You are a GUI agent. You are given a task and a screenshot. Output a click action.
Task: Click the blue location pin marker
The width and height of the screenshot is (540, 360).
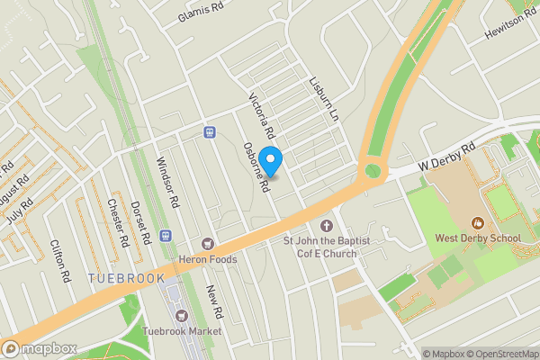(x=270, y=159)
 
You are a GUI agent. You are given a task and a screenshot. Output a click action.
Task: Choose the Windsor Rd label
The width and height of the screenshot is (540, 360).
(x=168, y=183)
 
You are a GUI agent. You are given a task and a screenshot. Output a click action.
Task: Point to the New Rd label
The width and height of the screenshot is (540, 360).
(x=213, y=303)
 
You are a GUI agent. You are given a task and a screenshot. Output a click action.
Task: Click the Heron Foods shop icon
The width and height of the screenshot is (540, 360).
(x=209, y=244)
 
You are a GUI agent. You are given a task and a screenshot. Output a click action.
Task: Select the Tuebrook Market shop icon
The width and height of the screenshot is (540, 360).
(x=181, y=316)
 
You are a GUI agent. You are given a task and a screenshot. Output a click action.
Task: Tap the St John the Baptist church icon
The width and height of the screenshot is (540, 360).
(x=326, y=225)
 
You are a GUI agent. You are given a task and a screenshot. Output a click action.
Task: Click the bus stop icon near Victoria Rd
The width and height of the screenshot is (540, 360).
(x=210, y=131)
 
